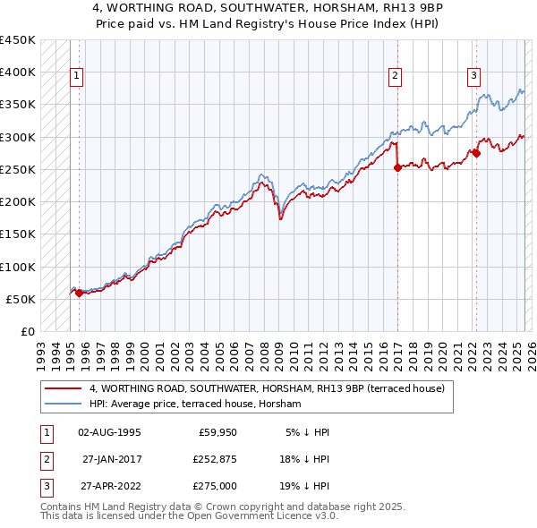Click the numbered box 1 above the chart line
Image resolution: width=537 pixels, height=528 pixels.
(78, 77)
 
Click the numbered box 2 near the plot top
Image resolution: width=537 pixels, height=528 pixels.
(395, 77)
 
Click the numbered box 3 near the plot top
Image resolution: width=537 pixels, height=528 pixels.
(473, 77)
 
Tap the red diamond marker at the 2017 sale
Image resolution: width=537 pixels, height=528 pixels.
(397, 167)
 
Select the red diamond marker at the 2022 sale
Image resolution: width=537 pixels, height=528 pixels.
(476, 153)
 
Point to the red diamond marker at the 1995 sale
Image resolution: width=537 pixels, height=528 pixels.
(79, 293)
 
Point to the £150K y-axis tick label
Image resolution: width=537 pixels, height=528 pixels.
(18, 234)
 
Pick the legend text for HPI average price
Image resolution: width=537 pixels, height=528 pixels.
(195, 405)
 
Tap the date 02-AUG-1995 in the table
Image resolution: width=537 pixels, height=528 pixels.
(109, 432)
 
